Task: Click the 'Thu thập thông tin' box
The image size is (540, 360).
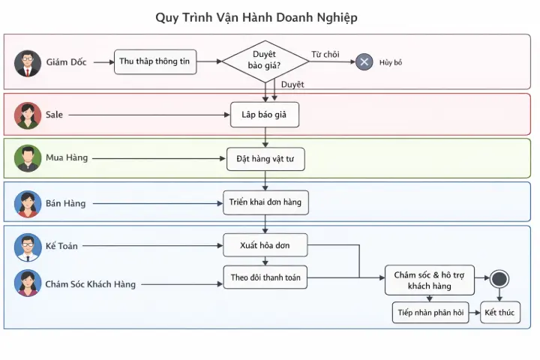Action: click(155, 62)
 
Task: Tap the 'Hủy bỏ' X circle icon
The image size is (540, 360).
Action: click(364, 61)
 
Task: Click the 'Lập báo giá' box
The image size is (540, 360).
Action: click(265, 115)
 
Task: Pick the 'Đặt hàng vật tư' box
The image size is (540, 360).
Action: click(265, 159)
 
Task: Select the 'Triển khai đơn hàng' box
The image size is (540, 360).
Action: click(265, 202)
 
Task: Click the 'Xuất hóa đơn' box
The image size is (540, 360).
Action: click(265, 245)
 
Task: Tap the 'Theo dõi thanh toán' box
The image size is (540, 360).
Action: click(265, 277)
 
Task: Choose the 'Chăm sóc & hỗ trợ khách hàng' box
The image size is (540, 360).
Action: click(430, 280)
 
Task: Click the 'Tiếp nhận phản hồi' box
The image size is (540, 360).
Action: click(430, 313)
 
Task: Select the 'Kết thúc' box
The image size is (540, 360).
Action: click(500, 313)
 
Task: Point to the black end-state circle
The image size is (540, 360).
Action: click(499, 279)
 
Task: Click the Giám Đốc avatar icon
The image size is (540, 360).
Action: click(28, 63)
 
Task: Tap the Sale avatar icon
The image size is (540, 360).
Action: click(28, 115)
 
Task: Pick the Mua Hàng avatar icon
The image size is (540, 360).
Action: click(28, 158)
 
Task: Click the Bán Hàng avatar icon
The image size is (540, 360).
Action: click(28, 203)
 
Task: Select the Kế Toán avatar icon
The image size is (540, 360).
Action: click(28, 247)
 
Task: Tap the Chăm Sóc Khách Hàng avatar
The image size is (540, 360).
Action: click(28, 283)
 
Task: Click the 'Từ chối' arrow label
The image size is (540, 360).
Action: click(325, 54)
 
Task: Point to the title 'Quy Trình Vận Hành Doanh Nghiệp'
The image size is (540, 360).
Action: click(256, 17)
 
